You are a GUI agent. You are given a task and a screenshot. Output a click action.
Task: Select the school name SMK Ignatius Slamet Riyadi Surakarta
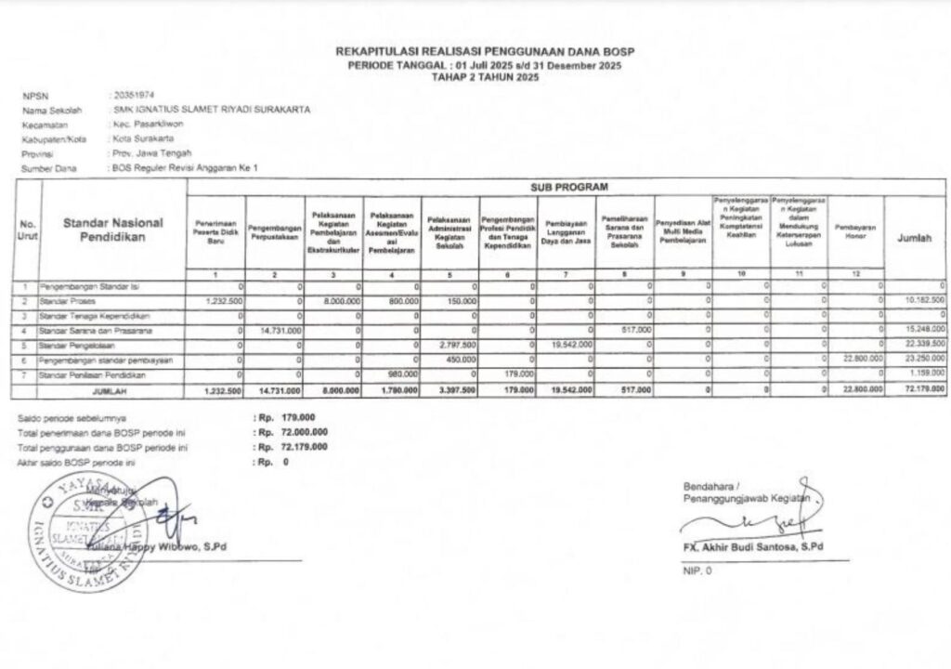[209, 110]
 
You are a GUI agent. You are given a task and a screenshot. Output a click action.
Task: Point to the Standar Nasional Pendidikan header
[113, 229]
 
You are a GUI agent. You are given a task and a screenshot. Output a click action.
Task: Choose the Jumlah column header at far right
[915, 238]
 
